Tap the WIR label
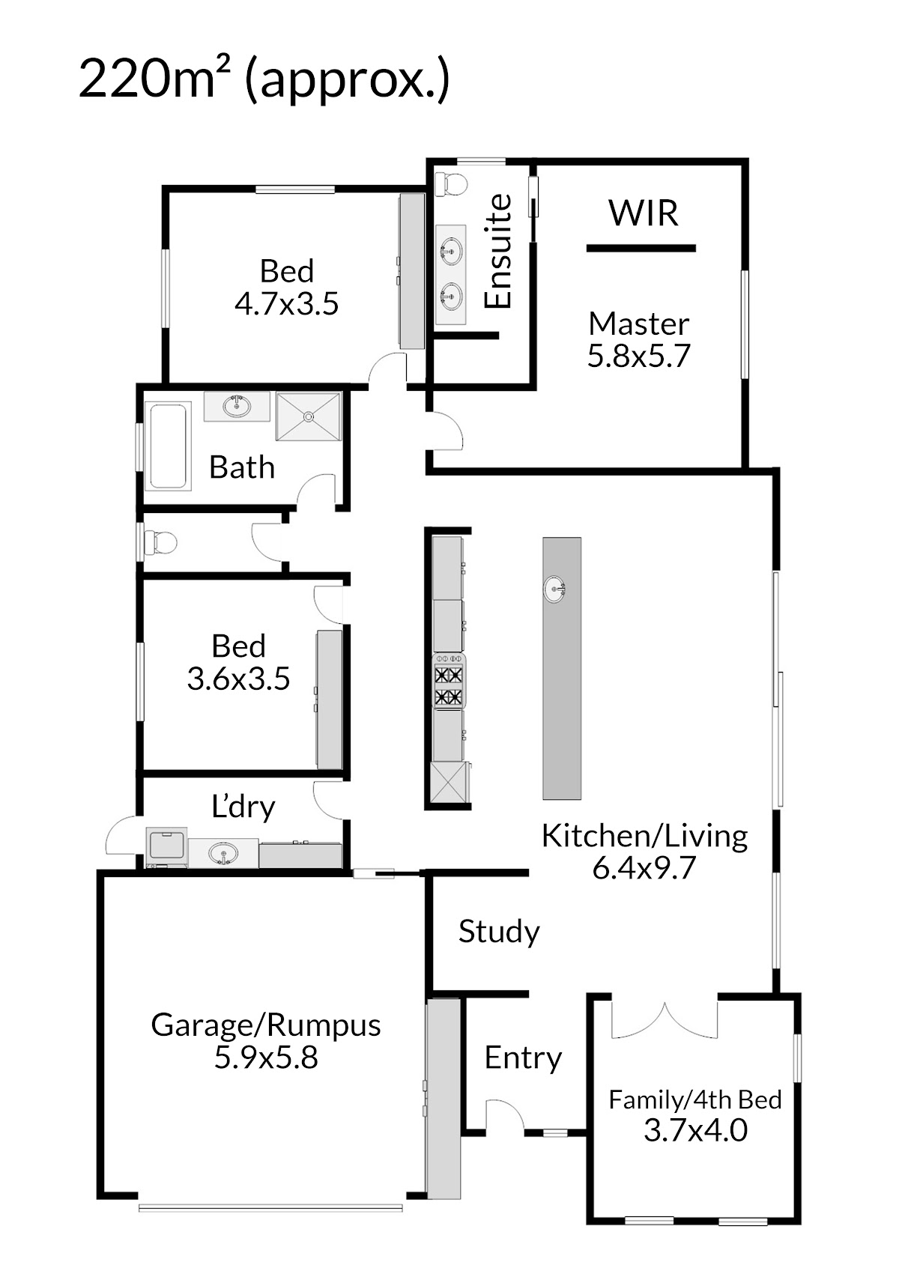(x=644, y=213)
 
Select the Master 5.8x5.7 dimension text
(x=638, y=356)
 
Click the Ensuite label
(x=498, y=251)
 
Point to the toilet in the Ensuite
(x=451, y=183)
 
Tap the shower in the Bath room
(x=309, y=416)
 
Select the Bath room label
(x=241, y=467)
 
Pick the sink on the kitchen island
(x=555, y=588)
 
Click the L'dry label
(x=243, y=807)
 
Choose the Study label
(x=499, y=932)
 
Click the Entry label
(x=523, y=1058)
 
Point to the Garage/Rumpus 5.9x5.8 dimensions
(x=266, y=1058)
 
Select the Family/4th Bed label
(x=694, y=1099)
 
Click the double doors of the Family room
(x=665, y=1020)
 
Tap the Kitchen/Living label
(x=644, y=836)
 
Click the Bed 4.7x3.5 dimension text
(x=287, y=304)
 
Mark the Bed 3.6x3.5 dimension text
(x=238, y=679)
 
